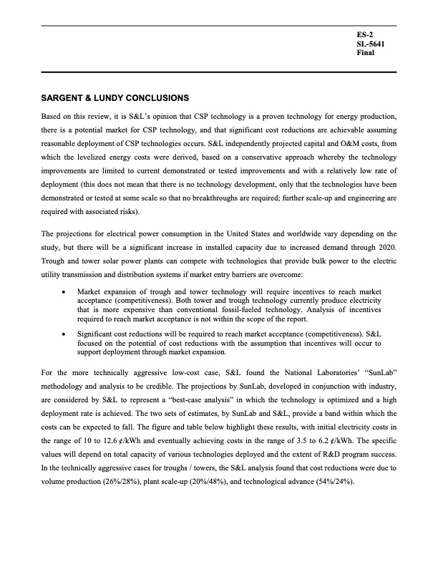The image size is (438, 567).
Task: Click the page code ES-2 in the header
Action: coord(364,35)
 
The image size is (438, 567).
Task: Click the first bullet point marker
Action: coord(66,291)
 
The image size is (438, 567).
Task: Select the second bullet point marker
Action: coord(66,334)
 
